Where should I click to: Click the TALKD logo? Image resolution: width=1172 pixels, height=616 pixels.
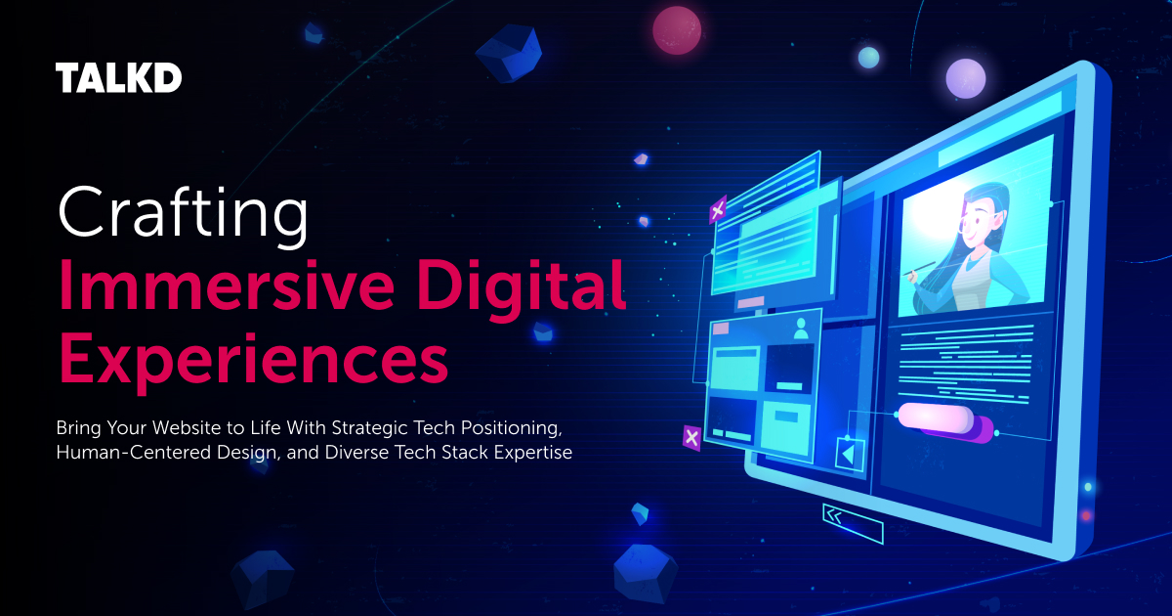click(x=119, y=78)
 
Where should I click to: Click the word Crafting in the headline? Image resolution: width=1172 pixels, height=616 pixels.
click(x=184, y=213)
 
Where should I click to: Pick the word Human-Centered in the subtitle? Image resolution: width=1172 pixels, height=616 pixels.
click(x=122, y=453)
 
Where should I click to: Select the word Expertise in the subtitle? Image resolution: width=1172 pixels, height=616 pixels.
click(x=536, y=453)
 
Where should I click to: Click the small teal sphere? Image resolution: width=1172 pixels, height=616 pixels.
click(x=868, y=58)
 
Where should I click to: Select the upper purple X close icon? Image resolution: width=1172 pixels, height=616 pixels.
click(x=718, y=209)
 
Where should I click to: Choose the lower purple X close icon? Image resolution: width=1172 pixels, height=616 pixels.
click(x=691, y=437)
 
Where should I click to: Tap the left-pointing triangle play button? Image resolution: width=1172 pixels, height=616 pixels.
click(x=848, y=454)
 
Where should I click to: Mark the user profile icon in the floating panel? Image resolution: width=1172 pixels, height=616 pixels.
click(x=802, y=329)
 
